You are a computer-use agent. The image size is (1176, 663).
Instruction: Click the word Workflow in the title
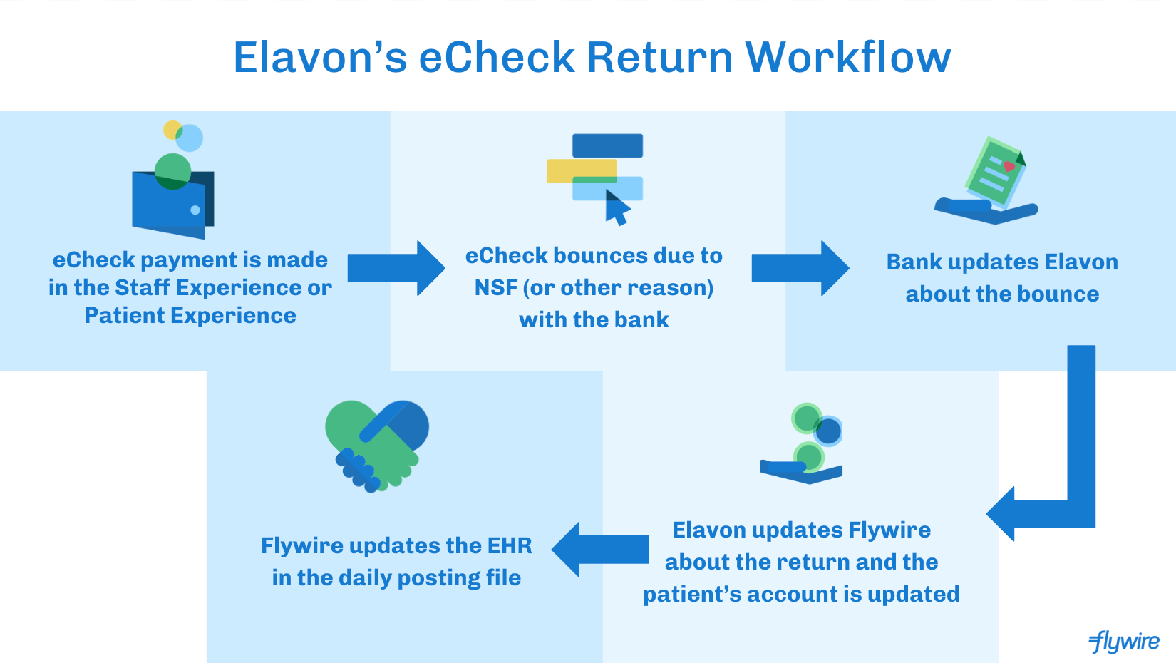tap(847, 57)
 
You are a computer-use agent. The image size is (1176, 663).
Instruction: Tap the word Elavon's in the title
tap(320, 57)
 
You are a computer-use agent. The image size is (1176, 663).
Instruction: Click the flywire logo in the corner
tap(1124, 641)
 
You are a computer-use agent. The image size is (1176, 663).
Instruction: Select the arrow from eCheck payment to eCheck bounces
tap(396, 268)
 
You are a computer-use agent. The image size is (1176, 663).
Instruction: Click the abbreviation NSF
tap(495, 288)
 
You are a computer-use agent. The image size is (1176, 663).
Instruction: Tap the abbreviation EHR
tap(509, 545)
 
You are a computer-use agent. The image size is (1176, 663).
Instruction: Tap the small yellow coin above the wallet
tap(171, 130)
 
